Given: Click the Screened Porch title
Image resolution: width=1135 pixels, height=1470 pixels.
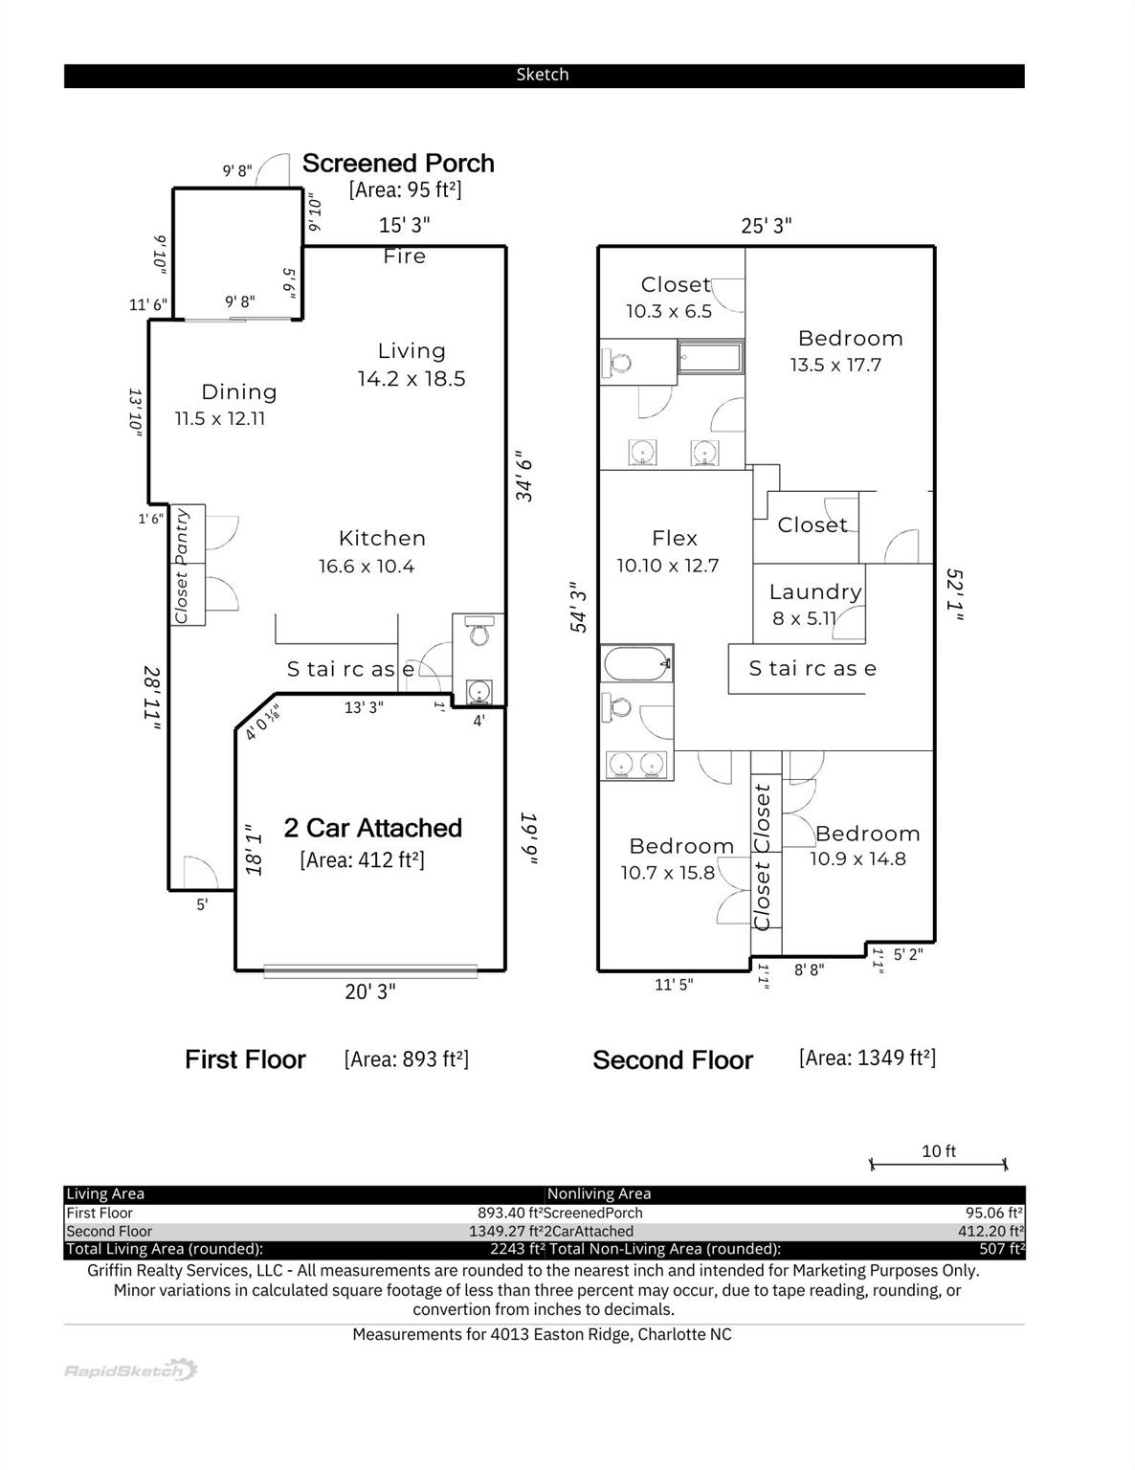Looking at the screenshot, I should click(x=398, y=164).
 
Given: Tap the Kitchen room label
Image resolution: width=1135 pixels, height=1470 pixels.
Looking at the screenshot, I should click(x=382, y=539).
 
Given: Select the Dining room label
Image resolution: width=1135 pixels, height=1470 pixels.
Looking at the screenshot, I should click(x=239, y=392).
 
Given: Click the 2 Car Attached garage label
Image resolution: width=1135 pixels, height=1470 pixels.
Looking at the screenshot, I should click(x=372, y=828).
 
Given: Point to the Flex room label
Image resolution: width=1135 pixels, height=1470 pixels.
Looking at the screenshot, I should click(x=675, y=539).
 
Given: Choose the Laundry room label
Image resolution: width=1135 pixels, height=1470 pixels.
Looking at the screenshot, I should click(x=815, y=592).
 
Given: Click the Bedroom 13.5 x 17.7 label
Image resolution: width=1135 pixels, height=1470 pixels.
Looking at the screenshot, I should click(x=850, y=339).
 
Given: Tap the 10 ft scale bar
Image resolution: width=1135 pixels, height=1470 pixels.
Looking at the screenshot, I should click(x=938, y=1164).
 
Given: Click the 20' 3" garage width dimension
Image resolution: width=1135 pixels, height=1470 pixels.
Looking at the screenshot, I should click(x=369, y=992).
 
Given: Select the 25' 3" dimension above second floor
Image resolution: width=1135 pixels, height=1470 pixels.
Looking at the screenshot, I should click(x=767, y=226).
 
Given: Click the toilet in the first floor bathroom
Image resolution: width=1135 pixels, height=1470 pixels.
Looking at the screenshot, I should click(x=479, y=633).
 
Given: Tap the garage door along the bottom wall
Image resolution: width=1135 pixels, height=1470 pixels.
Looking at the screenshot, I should click(x=370, y=971).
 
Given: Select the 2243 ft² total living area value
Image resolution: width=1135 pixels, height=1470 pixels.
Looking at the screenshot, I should click(x=517, y=1249).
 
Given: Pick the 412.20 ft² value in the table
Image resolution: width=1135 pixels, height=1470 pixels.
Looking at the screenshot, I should click(x=990, y=1232).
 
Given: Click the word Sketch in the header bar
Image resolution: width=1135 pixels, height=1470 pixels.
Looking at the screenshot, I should click(x=543, y=75).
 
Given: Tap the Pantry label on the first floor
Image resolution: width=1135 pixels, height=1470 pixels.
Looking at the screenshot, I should click(x=182, y=536).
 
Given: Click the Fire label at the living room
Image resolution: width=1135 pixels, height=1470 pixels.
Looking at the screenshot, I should click(x=404, y=256).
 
